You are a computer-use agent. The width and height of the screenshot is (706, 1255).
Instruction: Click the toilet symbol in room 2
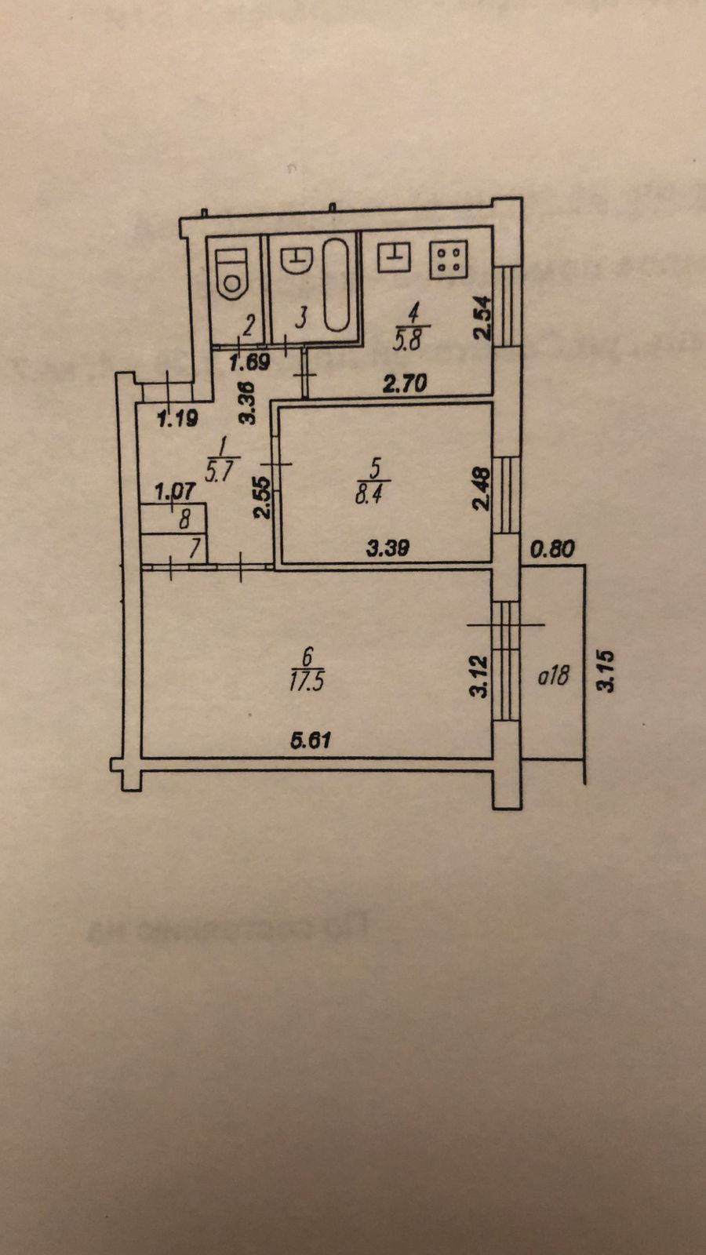[x=233, y=275]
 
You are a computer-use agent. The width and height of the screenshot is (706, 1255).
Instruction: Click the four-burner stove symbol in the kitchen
[x=449, y=260]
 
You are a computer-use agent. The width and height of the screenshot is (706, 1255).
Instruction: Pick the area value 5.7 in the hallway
[x=220, y=471]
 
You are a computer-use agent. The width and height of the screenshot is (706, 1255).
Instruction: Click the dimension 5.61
[x=310, y=740]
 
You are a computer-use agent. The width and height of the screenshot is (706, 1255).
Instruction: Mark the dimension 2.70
[x=405, y=384]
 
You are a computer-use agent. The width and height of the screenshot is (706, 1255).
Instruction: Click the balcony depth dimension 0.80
[x=553, y=550]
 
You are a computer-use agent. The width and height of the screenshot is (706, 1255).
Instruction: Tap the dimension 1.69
[x=249, y=362]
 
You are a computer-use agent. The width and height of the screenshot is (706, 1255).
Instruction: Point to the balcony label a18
[x=553, y=675]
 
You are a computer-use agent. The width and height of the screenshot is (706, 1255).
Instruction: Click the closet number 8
[x=184, y=518]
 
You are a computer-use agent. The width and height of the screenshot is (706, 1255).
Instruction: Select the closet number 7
[x=194, y=548]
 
